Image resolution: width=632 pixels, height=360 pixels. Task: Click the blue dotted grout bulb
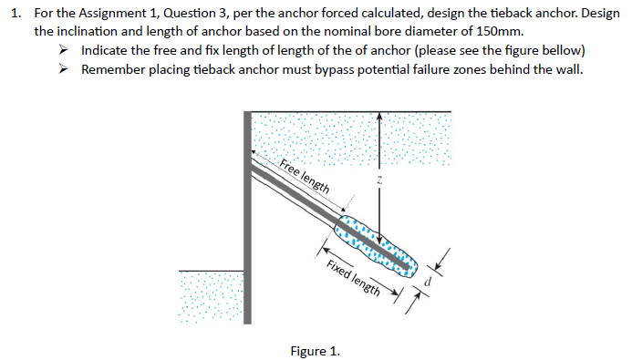[x=376, y=245]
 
